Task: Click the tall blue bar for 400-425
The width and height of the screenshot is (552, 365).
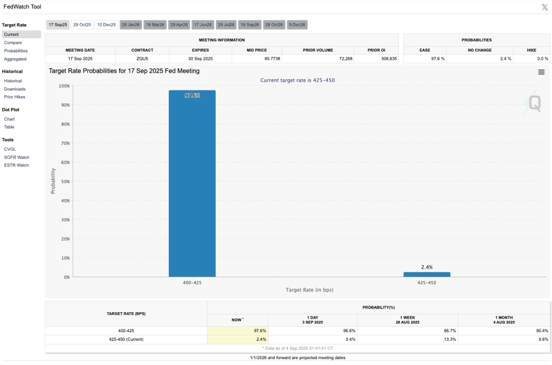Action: pyautogui.click(x=192, y=183)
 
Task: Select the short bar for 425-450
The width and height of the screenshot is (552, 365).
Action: pyautogui.click(x=427, y=274)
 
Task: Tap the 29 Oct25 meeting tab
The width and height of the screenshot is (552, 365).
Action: pyautogui.click(x=82, y=25)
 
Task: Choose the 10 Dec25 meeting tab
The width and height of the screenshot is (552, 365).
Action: pyautogui.click(x=106, y=25)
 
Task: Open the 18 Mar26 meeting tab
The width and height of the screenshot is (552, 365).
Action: pyautogui.click(x=155, y=25)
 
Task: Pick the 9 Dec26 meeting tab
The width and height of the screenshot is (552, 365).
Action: pyautogui.click(x=297, y=25)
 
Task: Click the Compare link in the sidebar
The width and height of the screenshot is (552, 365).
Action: pyautogui.click(x=12, y=43)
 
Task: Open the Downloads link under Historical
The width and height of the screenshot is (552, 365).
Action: pyautogui.click(x=15, y=89)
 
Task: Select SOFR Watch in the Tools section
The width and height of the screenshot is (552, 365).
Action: pyautogui.click(x=16, y=157)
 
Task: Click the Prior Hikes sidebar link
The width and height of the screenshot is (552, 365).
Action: pyautogui.click(x=15, y=97)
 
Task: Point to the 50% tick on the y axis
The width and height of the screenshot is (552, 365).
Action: pyautogui.click(x=64, y=181)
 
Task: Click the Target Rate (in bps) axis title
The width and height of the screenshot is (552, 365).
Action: pyautogui.click(x=309, y=290)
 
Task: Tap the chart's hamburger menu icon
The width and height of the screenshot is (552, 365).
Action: pyautogui.click(x=541, y=72)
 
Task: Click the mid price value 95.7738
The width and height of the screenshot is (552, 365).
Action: pyautogui.click(x=257, y=58)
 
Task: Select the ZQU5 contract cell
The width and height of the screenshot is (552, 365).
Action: pyautogui.click(x=142, y=58)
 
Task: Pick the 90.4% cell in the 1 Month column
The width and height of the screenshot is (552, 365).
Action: pyautogui.click(x=542, y=331)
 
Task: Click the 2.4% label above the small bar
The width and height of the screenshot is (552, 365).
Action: pyautogui.click(x=427, y=267)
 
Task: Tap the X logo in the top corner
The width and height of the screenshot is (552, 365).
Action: pyautogui.click(x=544, y=7)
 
